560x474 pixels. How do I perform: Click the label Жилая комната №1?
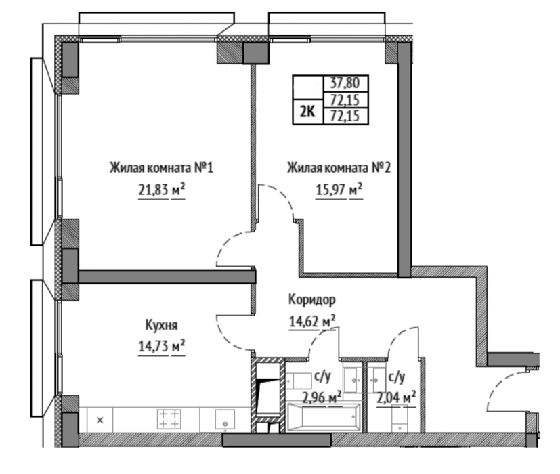click(x=161, y=167)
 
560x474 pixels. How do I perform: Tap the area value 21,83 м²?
click(x=161, y=190)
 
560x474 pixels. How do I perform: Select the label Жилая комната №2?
click(x=339, y=167)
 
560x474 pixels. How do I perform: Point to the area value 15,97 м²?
click(x=339, y=190)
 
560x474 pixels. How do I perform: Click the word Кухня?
click(x=161, y=326)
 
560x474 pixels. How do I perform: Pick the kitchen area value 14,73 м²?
click(x=161, y=346)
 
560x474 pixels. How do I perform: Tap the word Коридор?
click(x=311, y=300)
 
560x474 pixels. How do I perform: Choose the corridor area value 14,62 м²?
click(x=311, y=322)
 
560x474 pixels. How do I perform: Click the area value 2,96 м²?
click(x=322, y=397)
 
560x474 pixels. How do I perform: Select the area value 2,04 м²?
click(x=396, y=397)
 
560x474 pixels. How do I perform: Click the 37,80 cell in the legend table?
click(x=345, y=83)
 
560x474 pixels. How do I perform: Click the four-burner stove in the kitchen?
click(x=169, y=419)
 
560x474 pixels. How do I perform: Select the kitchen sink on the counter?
click(x=225, y=419)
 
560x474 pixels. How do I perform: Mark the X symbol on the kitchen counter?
click(x=100, y=420)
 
